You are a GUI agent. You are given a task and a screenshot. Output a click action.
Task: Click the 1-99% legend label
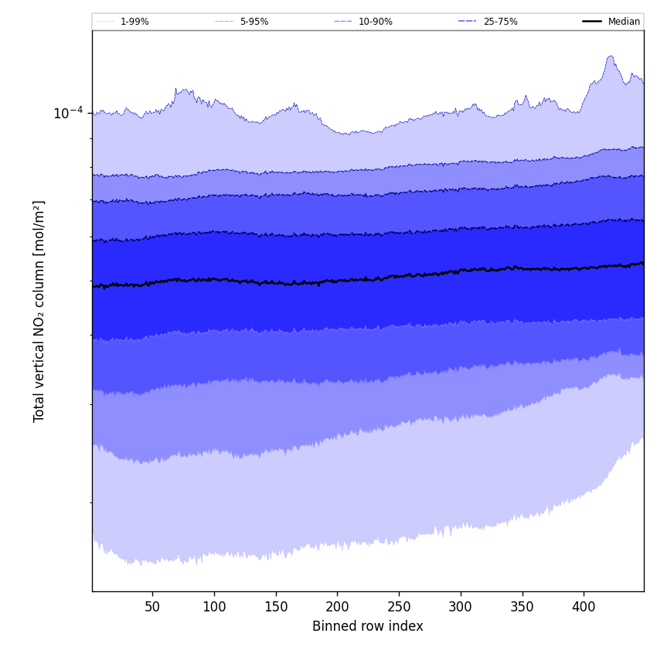click(x=134, y=22)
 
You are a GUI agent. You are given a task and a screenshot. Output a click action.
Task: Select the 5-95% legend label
click(x=254, y=22)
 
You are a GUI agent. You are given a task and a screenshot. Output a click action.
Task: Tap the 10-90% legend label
click(x=375, y=22)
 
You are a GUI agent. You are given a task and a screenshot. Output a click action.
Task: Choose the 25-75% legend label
click(x=500, y=22)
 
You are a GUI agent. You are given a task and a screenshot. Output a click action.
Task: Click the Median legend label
click(x=624, y=22)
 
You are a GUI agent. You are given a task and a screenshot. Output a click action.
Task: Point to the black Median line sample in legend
click(x=592, y=22)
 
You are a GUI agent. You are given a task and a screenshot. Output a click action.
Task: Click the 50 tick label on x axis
click(x=152, y=607)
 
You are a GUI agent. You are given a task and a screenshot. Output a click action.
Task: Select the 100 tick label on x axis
click(x=214, y=607)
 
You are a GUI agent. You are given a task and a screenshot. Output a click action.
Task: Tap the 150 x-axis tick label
click(x=276, y=607)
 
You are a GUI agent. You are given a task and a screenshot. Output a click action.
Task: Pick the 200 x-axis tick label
click(x=337, y=607)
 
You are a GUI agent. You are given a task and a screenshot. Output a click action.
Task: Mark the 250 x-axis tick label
click(x=399, y=607)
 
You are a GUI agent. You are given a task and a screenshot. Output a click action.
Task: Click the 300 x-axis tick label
click(x=461, y=607)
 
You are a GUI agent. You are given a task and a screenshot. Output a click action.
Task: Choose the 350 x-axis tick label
click(x=523, y=607)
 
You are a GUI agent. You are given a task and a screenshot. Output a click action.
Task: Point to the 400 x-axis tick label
click(x=584, y=607)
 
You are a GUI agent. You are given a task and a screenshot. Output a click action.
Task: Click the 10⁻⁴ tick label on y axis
click(x=68, y=114)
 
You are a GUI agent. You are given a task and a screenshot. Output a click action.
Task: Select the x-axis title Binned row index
click(x=368, y=626)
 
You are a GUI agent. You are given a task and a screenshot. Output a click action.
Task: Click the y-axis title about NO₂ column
click(x=39, y=311)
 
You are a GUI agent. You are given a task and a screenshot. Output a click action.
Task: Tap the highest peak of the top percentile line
click(x=611, y=56)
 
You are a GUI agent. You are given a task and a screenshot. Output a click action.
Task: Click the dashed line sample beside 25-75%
click(x=467, y=22)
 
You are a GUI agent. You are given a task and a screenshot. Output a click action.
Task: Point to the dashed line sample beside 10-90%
click(x=342, y=22)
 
